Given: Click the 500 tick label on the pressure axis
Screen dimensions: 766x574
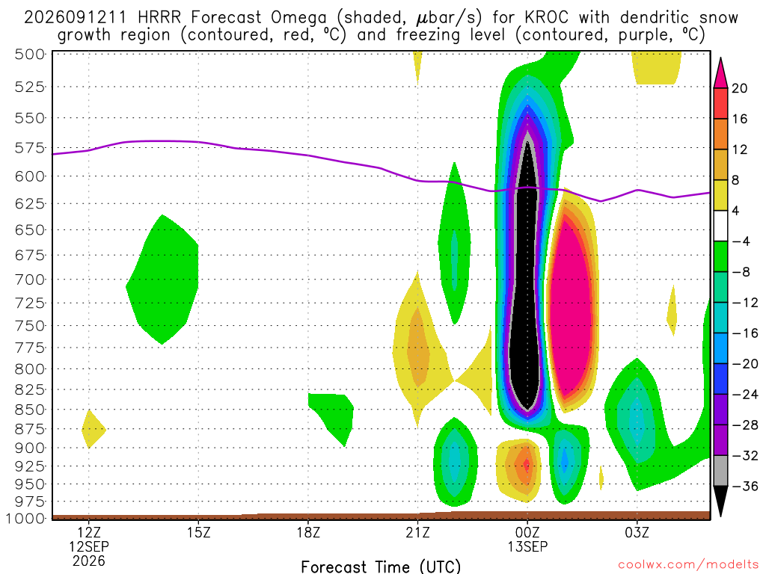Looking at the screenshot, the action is (30, 54).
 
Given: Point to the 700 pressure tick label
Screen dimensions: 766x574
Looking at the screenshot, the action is (30, 280).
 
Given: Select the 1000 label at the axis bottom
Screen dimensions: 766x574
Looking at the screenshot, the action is (25, 519).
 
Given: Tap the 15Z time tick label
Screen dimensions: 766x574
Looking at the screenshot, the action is (198, 532).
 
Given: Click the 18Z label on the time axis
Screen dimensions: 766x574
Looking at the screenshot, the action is (308, 532).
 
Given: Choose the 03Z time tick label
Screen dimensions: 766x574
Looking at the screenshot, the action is (637, 532).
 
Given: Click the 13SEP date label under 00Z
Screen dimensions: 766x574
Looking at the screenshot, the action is (527, 546).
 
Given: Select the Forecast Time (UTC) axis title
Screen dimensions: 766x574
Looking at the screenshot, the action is (381, 567).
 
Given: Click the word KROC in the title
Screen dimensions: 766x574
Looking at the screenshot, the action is (547, 18).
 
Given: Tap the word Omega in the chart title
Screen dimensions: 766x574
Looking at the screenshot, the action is (298, 19).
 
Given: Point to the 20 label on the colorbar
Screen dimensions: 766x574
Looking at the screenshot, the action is (739, 88).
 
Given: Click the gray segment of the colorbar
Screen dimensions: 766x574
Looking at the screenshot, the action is (720, 471).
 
